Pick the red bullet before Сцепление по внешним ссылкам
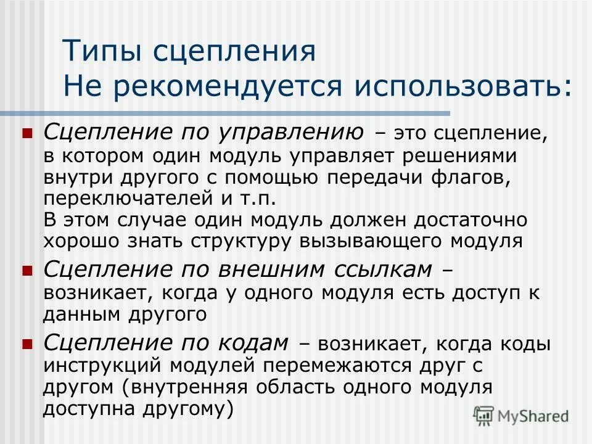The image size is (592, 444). (27, 271)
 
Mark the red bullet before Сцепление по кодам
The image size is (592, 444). (27, 342)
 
